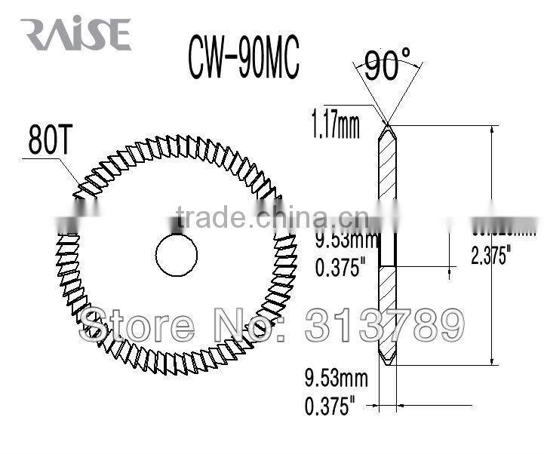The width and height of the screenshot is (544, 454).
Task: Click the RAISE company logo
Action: [x=76, y=35]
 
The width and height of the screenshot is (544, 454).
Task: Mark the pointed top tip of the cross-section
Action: [x=386, y=124]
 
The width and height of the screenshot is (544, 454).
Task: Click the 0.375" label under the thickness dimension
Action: [x=329, y=407]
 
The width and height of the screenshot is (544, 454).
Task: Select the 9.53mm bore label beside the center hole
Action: [x=344, y=244]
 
